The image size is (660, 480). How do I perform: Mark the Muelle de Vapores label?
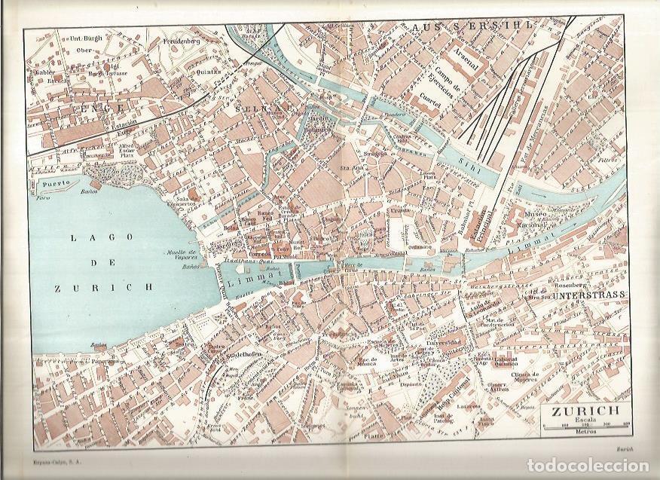[180, 255]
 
